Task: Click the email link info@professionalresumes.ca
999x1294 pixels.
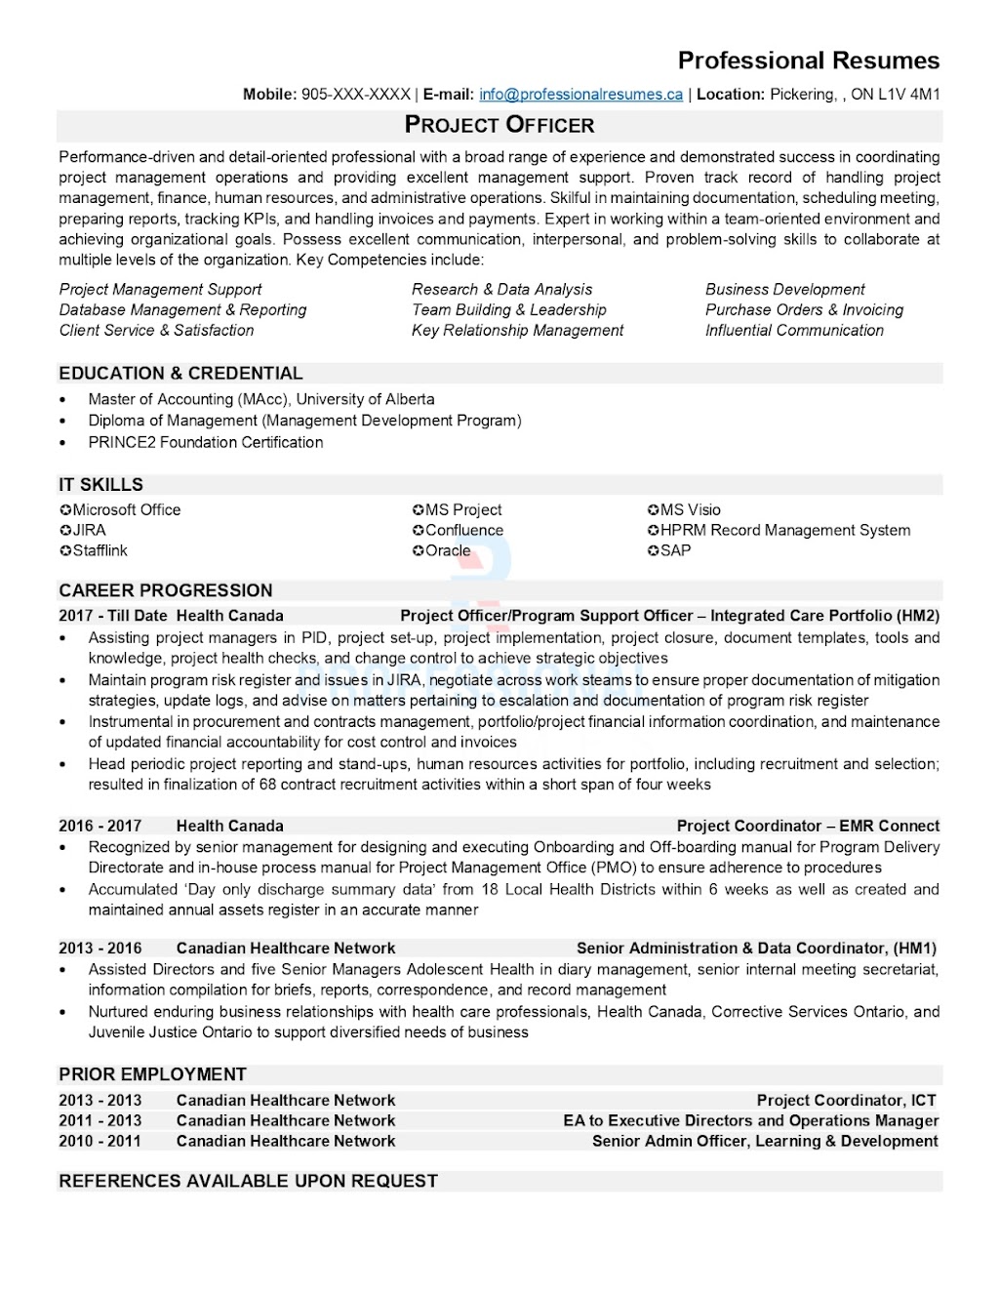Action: (580, 95)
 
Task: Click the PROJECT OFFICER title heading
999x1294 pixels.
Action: (499, 125)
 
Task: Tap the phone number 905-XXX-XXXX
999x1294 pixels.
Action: (356, 95)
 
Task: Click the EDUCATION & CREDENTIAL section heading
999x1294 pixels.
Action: (180, 374)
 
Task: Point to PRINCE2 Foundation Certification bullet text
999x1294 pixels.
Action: (205, 442)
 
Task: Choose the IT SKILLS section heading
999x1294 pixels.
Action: (100, 485)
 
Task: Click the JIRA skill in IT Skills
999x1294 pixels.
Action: (89, 531)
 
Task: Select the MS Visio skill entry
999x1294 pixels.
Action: (690, 510)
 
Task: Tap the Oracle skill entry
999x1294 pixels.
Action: (447, 551)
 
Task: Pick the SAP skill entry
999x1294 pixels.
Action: (675, 551)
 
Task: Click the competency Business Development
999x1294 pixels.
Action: (785, 290)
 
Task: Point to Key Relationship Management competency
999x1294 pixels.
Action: (517, 331)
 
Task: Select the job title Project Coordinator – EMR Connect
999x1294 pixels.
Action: (808, 826)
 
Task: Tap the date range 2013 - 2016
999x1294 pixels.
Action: (100, 949)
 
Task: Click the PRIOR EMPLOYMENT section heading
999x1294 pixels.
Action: (152, 1074)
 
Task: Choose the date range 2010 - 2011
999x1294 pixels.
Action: (100, 1142)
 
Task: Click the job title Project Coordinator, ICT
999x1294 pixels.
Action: (846, 1101)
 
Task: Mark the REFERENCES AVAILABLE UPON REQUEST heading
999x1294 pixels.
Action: (248, 1182)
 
